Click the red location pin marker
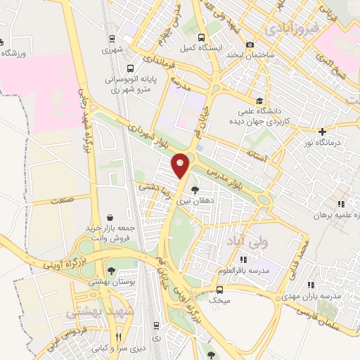coord(181,165)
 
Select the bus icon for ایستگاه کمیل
coord(202,38)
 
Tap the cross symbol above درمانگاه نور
coord(322,131)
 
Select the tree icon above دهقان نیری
coord(195,189)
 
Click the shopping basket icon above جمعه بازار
coord(109,217)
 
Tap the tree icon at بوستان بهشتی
coord(112,270)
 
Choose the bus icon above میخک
coord(219,289)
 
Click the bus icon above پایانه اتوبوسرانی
coord(131,69)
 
